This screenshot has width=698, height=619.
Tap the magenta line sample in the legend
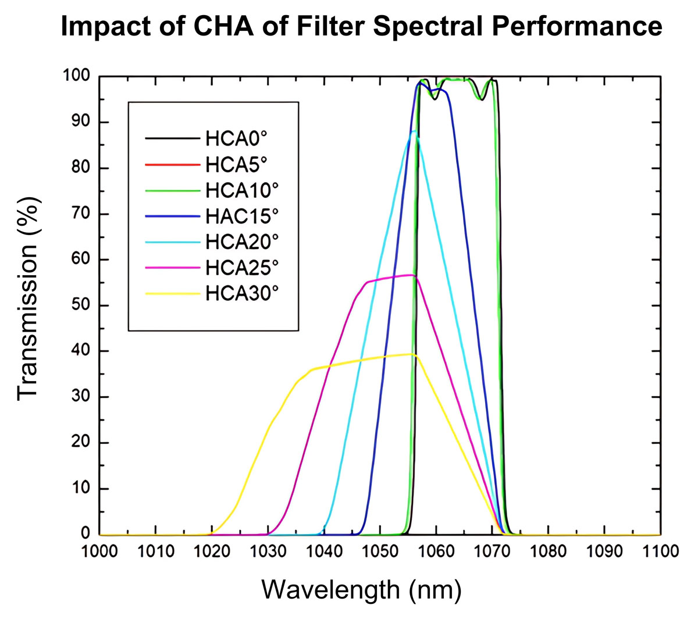(x=172, y=268)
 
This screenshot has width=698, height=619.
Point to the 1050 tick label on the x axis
(x=380, y=550)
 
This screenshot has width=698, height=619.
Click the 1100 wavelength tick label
(x=660, y=550)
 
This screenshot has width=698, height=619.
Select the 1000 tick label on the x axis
(x=100, y=550)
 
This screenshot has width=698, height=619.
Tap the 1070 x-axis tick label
(x=492, y=550)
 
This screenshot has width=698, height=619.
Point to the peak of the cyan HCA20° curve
(x=414, y=132)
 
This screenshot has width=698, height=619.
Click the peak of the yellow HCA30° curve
(x=412, y=354)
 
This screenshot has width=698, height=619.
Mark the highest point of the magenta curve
(x=411, y=275)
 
